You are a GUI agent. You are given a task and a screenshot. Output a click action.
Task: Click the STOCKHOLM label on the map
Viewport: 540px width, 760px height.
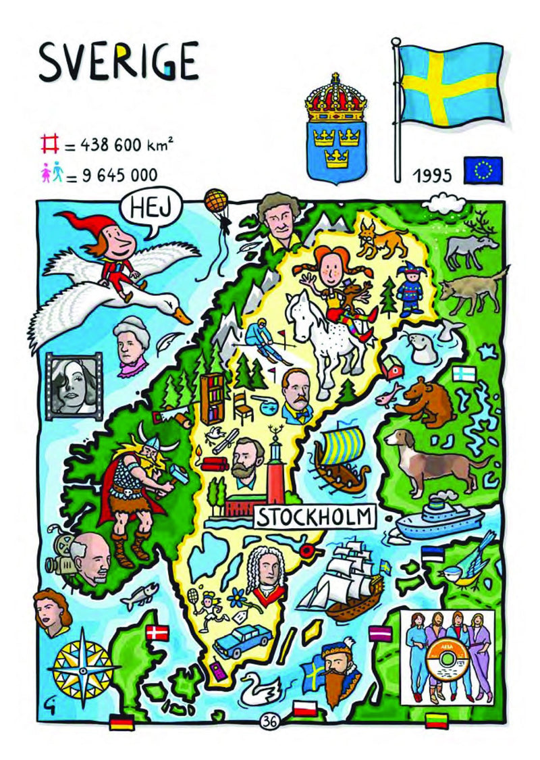click(x=314, y=517)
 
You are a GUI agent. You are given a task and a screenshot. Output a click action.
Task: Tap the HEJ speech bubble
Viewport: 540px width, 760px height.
click(x=143, y=206)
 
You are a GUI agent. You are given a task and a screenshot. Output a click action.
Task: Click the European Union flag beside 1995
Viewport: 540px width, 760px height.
click(x=483, y=170)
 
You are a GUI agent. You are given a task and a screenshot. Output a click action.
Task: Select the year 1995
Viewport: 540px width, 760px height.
click(x=433, y=176)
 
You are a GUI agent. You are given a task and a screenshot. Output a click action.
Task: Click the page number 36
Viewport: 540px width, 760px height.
click(x=271, y=719)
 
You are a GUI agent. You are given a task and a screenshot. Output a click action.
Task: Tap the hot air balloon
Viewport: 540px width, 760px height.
click(x=215, y=201)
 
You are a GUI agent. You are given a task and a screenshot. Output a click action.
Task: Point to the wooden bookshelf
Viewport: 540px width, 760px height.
click(x=211, y=399)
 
